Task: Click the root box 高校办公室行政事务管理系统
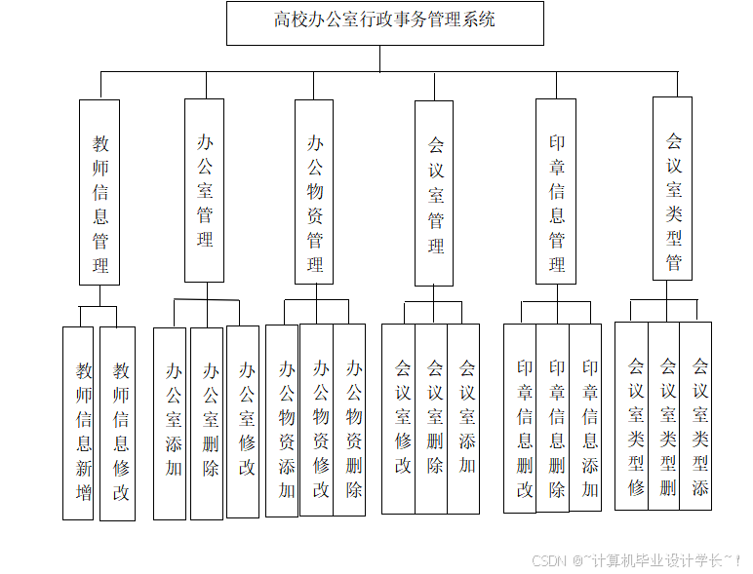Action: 384,22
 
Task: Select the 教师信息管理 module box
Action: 99,192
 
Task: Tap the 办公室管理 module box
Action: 204,190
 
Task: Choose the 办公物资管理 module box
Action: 314,192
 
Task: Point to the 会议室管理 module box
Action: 434,193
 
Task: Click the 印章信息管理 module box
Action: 556,191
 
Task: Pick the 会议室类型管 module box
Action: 672,188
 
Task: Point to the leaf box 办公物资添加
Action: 283,420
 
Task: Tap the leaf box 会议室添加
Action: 464,418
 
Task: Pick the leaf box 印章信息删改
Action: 520,418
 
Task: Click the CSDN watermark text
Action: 635,560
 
